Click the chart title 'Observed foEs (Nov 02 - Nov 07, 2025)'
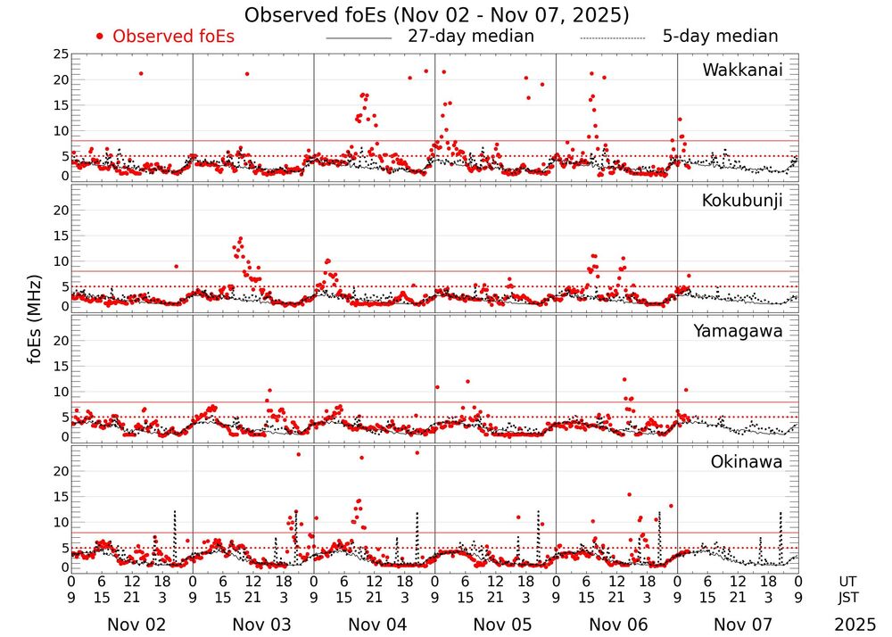tap(437, 15)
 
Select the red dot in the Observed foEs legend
tap(100, 37)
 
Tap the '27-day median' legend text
tap(471, 37)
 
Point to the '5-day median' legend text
tap(720, 37)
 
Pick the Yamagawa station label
tap(739, 331)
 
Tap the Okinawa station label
tap(747, 462)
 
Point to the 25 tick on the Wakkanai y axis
tap(60, 54)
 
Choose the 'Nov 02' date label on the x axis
tap(131, 625)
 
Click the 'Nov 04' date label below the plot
tap(374, 625)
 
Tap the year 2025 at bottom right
tap(855, 625)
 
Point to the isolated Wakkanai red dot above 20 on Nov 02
tap(141, 73)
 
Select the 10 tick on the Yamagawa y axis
tap(60, 392)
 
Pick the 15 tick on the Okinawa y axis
tap(60, 496)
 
